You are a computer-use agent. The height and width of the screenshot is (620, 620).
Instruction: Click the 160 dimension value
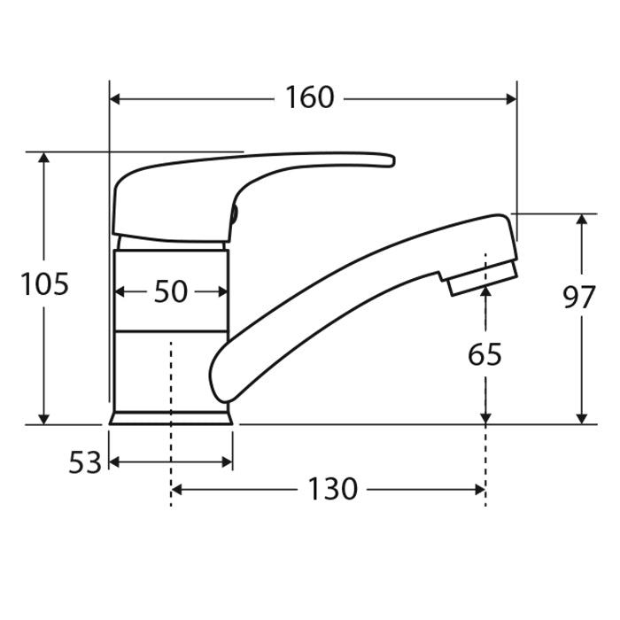pos(309,98)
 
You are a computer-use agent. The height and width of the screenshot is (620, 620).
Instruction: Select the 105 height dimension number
pos(44,285)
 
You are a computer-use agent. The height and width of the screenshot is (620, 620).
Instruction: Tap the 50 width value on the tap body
pos(170,291)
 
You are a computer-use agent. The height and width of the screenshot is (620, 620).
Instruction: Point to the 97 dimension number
pos(580,298)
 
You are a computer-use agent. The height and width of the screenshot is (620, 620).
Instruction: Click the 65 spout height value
pos(484,354)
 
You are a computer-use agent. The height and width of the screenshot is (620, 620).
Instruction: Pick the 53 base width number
pos(85,462)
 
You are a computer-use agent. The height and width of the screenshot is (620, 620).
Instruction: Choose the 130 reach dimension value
pos(332,489)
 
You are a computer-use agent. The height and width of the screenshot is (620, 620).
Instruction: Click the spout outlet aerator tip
pos(482,278)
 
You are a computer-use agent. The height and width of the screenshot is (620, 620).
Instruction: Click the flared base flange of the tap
pos(171,416)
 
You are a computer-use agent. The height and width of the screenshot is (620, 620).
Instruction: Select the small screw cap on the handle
pos(234,213)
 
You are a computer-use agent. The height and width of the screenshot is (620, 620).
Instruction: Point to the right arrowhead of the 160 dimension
pos(511,99)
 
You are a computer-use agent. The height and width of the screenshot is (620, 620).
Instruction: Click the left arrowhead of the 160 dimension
pos(115,99)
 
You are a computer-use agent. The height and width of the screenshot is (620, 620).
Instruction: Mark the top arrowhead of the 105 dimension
pos(44,158)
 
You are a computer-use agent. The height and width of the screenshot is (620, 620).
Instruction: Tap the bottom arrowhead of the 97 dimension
pos(581,418)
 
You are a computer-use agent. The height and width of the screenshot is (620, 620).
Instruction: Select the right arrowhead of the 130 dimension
pos(479,489)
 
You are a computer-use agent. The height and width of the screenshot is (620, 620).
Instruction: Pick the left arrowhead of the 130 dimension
pos(176,489)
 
